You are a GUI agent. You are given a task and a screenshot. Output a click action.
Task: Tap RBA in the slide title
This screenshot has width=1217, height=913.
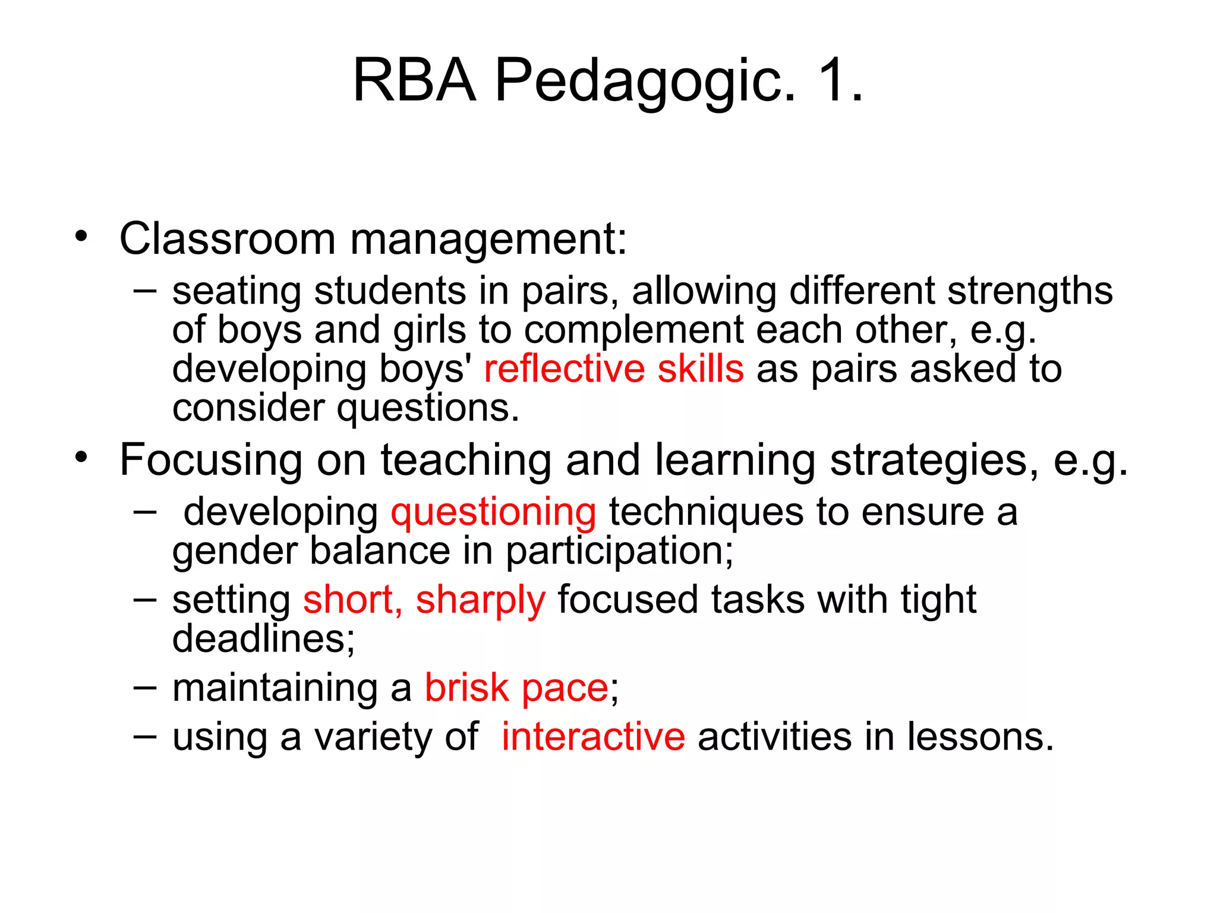click(x=414, y=80)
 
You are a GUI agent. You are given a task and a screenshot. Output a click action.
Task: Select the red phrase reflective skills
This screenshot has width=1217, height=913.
click(x=614, y=369)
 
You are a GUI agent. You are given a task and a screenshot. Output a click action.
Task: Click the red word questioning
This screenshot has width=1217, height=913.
click(x=493, y=512)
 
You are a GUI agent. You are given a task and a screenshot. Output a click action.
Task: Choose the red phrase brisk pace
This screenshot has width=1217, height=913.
click(x=516, y=688)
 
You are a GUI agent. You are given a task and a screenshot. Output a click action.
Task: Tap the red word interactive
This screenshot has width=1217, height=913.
click(x=593, y=736)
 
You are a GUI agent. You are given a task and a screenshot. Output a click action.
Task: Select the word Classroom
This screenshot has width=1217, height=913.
click(x=228, y=239)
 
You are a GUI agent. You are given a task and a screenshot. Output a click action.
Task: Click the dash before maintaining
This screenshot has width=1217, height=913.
click(x=145, y=687)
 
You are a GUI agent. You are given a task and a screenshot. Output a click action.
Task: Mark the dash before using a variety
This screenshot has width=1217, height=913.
click(x=145, y=736)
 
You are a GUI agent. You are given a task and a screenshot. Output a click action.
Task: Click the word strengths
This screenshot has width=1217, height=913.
click(x=1029, y=291)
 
